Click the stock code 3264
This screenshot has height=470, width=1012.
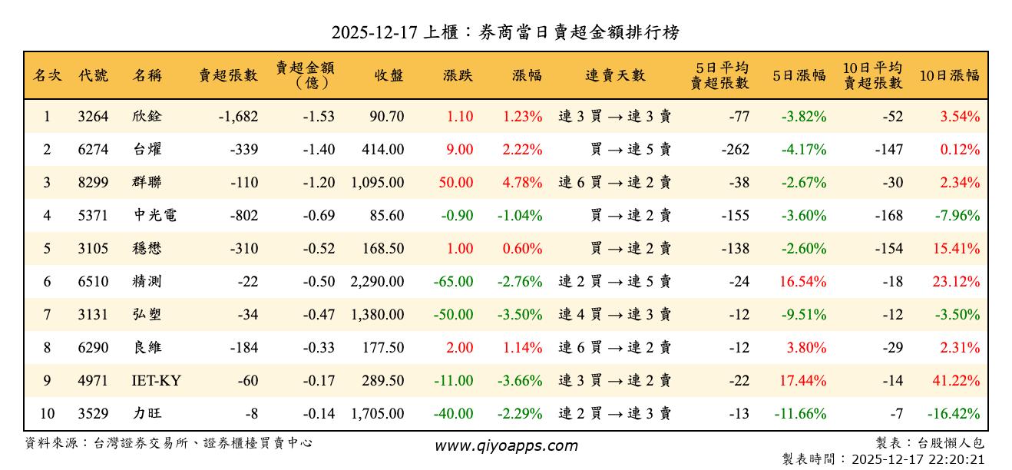click(93, 117)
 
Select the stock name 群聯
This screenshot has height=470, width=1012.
click(147, 183)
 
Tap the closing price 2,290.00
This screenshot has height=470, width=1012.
click(377, 282)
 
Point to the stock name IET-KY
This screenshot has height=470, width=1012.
click(157, 381)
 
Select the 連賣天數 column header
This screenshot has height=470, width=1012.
click(615, 75)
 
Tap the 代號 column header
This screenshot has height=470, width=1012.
click(93, 75)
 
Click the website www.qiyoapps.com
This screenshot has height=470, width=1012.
click(506, 445)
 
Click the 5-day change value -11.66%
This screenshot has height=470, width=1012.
click(802, 414)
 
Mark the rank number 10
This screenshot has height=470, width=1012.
click(47, 414)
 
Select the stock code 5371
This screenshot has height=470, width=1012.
click(93, 216)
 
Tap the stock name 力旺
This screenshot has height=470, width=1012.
click(147, 414)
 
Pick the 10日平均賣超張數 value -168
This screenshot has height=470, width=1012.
click(888, 216)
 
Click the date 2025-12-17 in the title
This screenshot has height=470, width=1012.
click(374, 32)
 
